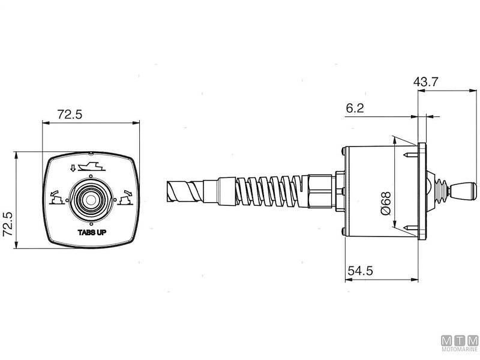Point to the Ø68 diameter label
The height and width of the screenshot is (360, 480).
pyautogui.click(x=385, y=203)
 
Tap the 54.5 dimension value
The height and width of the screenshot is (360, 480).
pyautogui.click(x=360, y=271)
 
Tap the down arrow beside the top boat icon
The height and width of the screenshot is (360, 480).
pyautogui.click(x=74, y=168)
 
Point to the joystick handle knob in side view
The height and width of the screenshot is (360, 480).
pyautogui.click(x=464, y=192)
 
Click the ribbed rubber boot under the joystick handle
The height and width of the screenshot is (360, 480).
pyautogui.click(x=442, y=191)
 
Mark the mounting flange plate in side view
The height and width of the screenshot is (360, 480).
pyautogui.click(x=422, y=191)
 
